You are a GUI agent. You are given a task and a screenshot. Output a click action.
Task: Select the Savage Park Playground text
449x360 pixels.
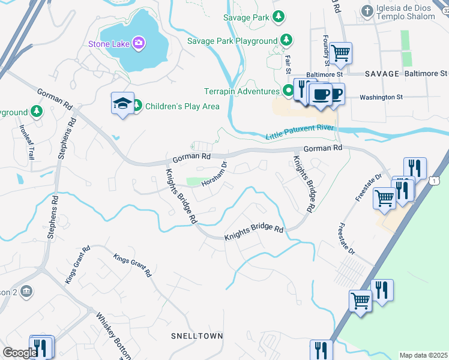coord(232,41)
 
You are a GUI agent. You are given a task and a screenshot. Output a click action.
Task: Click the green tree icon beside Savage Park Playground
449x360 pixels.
coord(287,40)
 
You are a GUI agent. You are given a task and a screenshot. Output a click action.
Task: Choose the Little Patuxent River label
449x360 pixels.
coord(300,132)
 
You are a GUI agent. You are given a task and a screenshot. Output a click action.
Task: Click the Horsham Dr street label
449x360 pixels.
coord(215,173)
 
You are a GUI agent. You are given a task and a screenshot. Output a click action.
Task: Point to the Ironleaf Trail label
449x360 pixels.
coord(27,142)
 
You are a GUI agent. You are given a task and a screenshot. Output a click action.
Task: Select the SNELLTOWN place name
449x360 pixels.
coord(197,336)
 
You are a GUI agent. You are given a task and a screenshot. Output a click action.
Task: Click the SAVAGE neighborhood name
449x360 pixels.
coord(382,74)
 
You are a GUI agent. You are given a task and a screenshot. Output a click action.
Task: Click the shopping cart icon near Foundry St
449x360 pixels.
coord(340,53)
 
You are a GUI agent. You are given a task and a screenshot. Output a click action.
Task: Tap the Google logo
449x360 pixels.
coord(19,353)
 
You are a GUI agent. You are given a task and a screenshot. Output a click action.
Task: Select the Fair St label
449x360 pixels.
coord(289,64)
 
